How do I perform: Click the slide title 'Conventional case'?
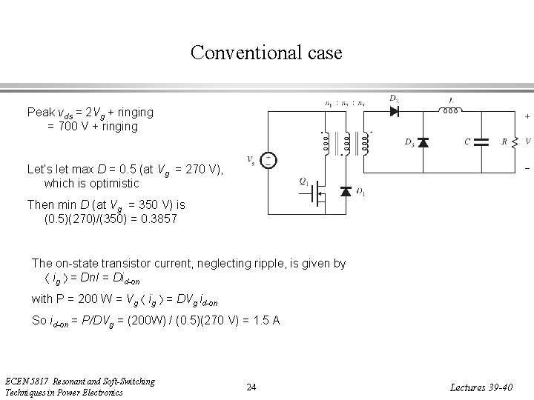(x=266, y=53)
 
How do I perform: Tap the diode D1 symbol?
(x=345, y=191)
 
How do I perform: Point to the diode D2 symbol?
(x=393, y=112)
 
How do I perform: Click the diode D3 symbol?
(x=423, y=141)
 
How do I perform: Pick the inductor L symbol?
(x=449, y=111)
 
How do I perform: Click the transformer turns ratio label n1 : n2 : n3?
(x=345, y=104)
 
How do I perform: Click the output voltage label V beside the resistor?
(x=527, y=141)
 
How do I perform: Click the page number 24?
(x=251, y=387)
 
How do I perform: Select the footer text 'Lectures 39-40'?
(x=487, y=387)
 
